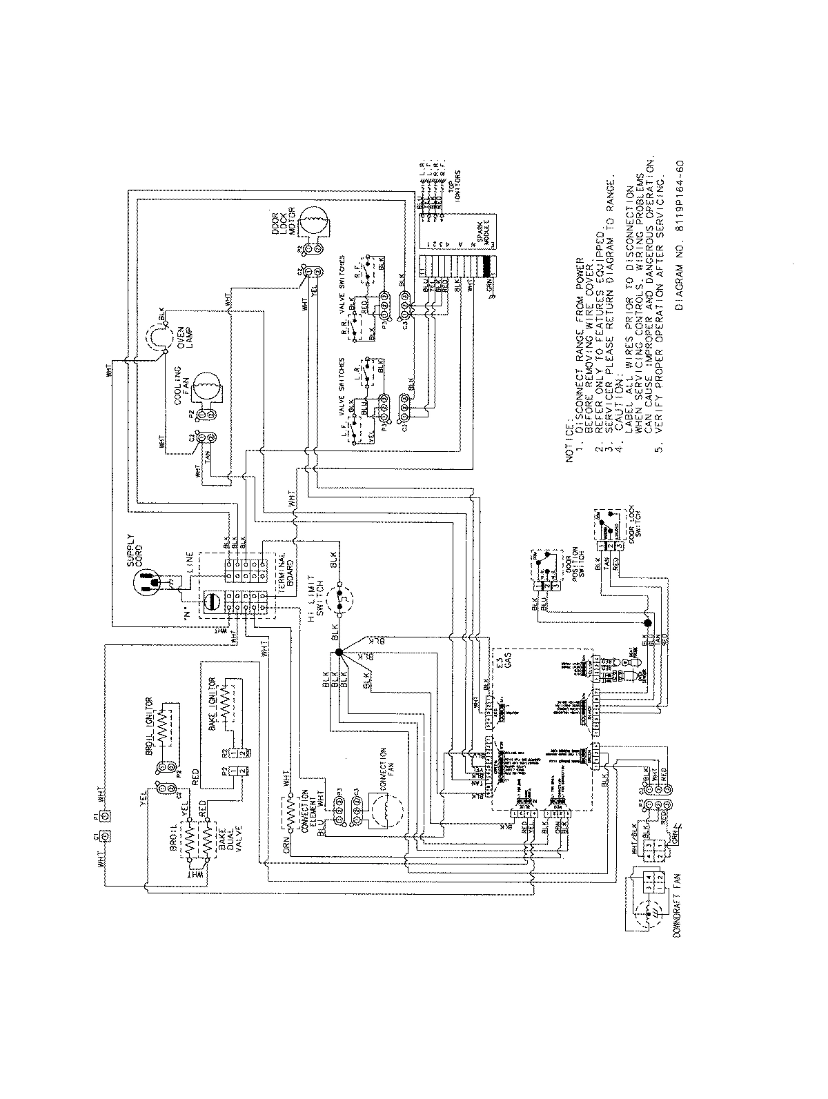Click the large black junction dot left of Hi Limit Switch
(338, 652)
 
